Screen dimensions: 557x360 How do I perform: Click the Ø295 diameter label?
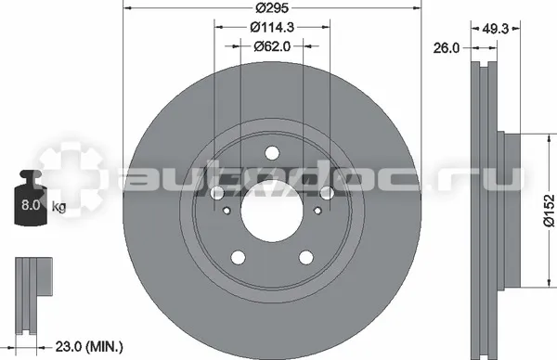pos(272,7)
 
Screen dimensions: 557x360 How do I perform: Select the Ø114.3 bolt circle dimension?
pos(272,27)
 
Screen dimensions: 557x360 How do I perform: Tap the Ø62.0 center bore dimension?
pos(272,46)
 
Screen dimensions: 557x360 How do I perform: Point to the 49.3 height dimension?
pos(495,29)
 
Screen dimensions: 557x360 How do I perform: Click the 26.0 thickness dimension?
pos(447,48)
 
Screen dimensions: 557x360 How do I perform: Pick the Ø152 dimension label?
pos(549,210)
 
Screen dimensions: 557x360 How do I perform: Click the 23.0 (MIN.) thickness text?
pos(89,346)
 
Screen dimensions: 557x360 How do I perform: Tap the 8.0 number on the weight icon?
pos(31,205)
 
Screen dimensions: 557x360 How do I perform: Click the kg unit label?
pos(59,206)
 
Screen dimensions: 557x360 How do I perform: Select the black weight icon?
pos(31,198)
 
